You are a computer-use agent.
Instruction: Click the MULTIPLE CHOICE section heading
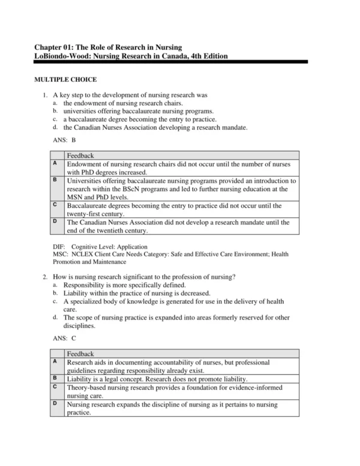click(65, 80)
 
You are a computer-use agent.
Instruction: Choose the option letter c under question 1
click(55, 119)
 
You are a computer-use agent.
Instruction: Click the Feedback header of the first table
click(80, 156)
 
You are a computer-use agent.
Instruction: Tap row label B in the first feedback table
click(55, 180)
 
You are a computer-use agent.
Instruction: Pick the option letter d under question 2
click(55, 316)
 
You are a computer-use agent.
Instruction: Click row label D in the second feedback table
click(55, 404)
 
